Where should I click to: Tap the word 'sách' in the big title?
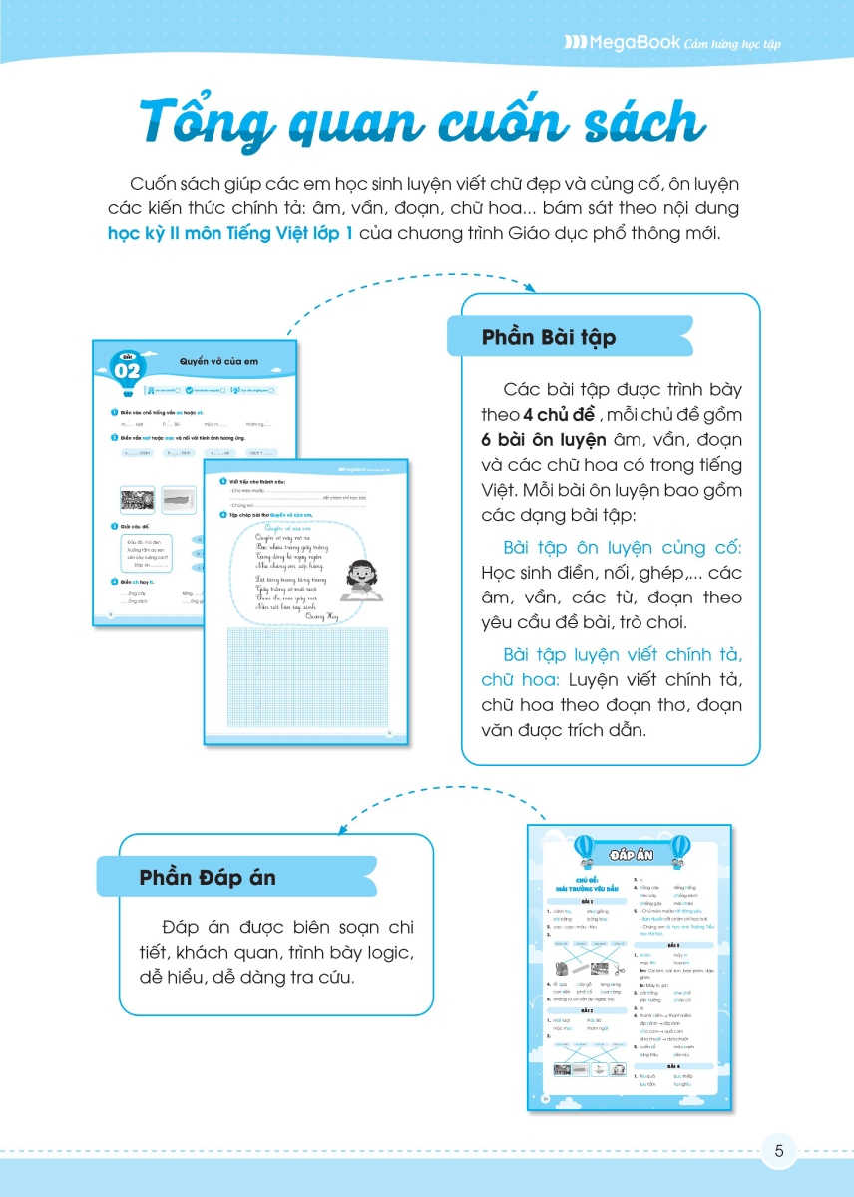630,123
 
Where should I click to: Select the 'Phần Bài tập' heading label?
549,337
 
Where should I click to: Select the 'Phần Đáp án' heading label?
208,878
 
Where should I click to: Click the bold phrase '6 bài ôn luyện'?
538,440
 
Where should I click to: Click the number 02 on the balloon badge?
127,372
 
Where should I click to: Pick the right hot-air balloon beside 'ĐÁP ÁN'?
679,850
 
